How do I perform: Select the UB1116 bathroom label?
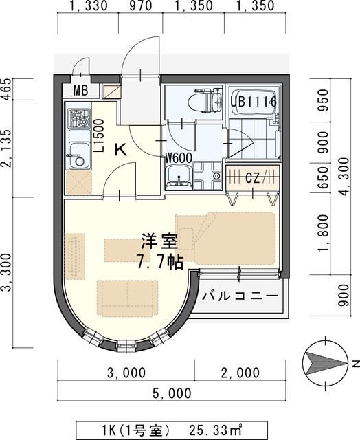(x=254, y=102)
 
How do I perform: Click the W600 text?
(x=177, y=157)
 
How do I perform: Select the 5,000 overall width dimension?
(x=169, y=393)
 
